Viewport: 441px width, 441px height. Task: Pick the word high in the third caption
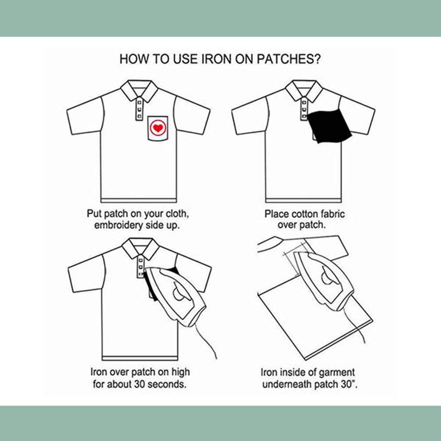[180, 373]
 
